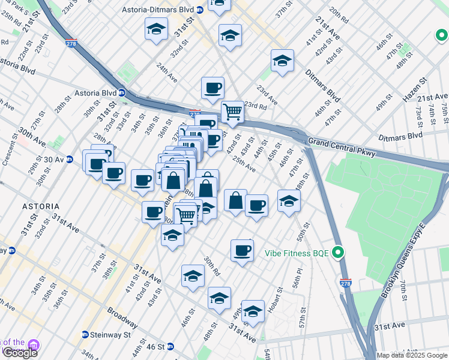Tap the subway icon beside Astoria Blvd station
click(121, 93)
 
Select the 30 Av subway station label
click(61, 160)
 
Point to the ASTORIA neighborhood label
click(40, 206)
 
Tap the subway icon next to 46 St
click(170, 346)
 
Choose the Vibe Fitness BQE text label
click(297, 253)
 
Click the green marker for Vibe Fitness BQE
click(338, 253)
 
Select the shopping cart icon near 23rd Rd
click(232, 112)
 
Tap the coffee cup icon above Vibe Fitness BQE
click(242, 250)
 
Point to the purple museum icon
click(34, 346)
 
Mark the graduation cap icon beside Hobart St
click(253, 312)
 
